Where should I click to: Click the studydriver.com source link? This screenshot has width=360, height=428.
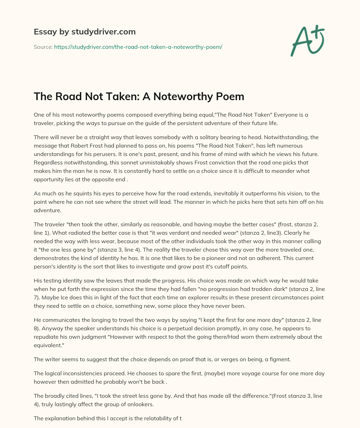pyautogui.click(x=138, y=46)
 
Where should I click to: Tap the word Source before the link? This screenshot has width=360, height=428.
pyautogui.click(x=43, y=46)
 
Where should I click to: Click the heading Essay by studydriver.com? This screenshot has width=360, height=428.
pyautogui.click(x=84, y=32)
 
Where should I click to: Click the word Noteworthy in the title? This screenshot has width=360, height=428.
pyautogui.click(x=179, y=96)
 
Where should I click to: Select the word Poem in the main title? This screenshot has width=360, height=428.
pyautogui.click(x=231, y=96)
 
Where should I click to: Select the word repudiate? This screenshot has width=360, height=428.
pyautogui.click(x=49, y=337)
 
